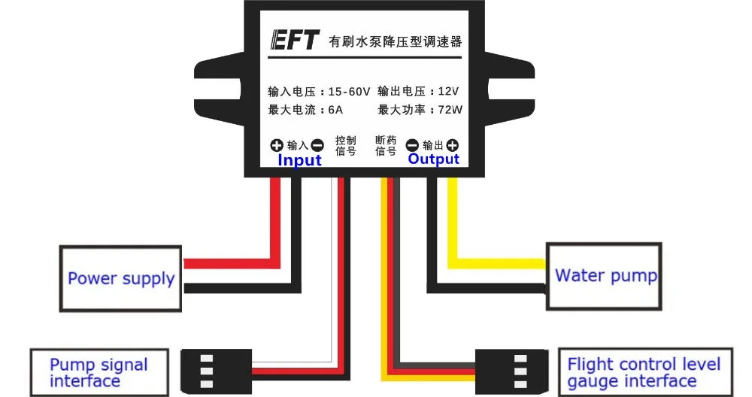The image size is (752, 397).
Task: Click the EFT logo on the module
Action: click(294, 41)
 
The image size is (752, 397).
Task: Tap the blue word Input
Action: click(299, 160)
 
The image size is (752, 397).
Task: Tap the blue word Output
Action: click(433, 159)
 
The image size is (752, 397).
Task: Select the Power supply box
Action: click(120, 278)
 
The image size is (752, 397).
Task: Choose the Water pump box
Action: click(604, 276)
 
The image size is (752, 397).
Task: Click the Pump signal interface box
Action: click(98, 371)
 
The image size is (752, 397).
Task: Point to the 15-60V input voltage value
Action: click(350, 92)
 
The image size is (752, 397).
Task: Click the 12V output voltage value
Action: click(448, 92)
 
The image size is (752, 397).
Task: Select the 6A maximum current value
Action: click(335, 110)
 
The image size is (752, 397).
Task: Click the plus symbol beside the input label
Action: click(277, 146)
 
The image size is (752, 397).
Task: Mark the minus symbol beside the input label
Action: click(317, 146)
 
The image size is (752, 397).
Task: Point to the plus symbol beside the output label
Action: click(452, 146)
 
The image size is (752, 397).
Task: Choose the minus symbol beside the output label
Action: click(412, 146)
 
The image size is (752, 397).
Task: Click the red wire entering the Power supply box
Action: click(226, 264)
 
